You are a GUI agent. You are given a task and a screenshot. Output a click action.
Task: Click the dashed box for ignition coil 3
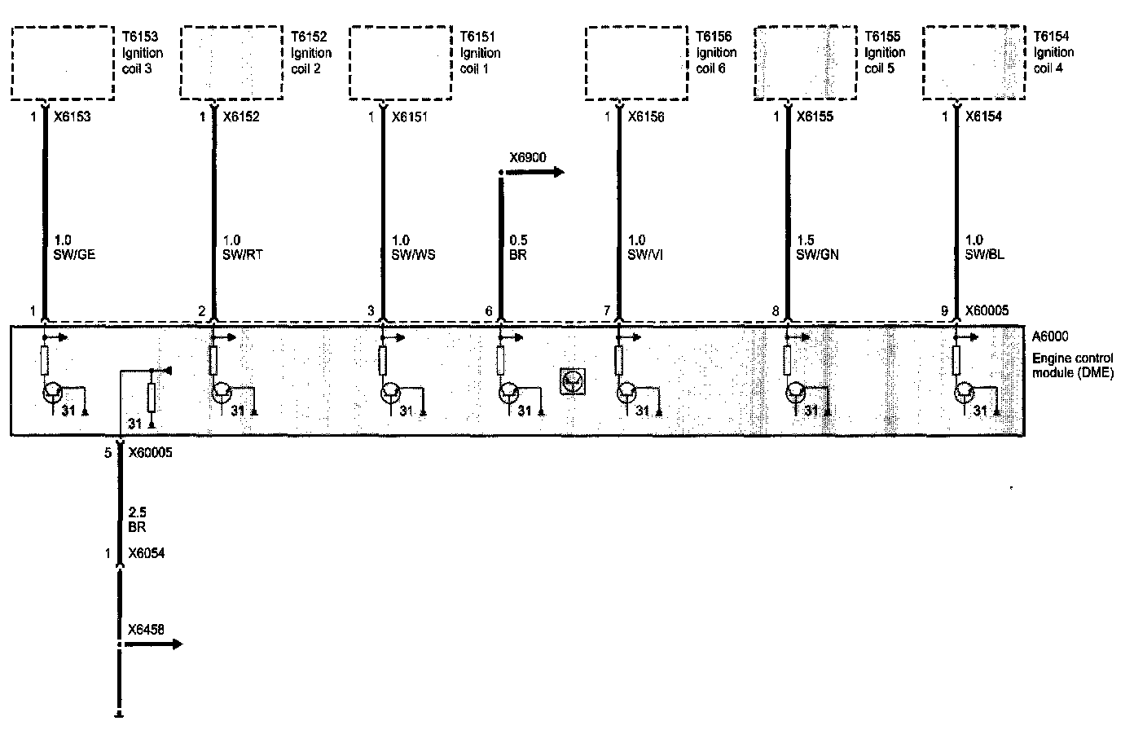coord(63,63)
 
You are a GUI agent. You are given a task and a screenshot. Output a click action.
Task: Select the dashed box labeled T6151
coord(400,63)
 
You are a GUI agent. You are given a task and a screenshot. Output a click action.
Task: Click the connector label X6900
coord(528,157)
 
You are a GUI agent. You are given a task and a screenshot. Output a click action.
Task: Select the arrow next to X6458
coord(156,644)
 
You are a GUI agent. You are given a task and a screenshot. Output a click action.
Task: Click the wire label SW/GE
coord(74,254)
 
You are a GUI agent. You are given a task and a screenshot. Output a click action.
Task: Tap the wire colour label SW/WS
coord(413,254)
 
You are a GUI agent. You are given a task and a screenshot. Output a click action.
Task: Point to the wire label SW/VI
coord(646,254)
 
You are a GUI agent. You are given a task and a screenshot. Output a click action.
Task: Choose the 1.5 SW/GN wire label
coord(816,247)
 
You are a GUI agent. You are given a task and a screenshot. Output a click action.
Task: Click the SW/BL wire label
coord(985,254)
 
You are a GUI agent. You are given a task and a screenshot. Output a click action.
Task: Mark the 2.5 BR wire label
coord(137,520)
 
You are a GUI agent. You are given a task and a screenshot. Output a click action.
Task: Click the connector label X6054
coord(146,554)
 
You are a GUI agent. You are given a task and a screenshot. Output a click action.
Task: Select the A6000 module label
coord(1049,336)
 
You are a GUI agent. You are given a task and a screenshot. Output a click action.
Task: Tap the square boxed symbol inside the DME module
coord(573,381)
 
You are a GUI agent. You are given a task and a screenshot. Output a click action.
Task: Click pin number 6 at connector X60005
coord(489,311)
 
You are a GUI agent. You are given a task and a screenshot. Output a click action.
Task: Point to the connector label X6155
coord(815,117)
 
